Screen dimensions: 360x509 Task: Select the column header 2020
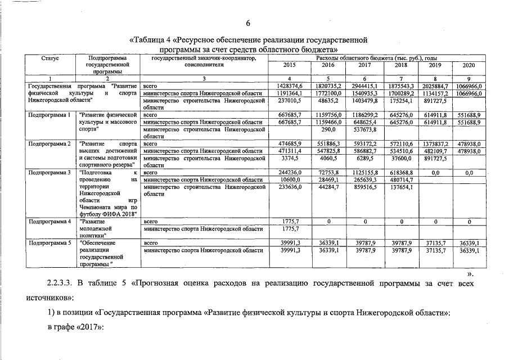pos(469,65)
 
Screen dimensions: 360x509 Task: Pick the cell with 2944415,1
pos(365,85)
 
